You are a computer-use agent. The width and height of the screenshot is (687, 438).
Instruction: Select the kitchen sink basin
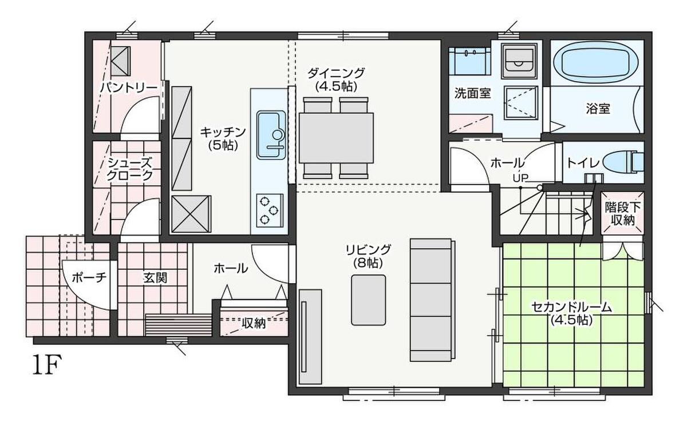pos(271,135)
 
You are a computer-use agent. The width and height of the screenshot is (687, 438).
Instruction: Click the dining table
pos(336,138)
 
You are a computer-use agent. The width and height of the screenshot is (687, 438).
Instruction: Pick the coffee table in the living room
pos(369,300)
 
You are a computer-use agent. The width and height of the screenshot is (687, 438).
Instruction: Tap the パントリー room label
pos(129,88)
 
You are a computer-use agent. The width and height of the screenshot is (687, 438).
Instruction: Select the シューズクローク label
pos(130,169)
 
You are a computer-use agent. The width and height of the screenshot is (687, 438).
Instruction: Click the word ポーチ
pos(89,278)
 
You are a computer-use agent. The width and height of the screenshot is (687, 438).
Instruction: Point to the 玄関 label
pos(155,278)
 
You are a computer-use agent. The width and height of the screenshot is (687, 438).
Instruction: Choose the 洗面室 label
pos(473,93)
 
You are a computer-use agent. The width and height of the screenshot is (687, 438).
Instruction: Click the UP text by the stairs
pos(520,178)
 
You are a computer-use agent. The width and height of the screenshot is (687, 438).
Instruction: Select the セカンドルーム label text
pos(571,307)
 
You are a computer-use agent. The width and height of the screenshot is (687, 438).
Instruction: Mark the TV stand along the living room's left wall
pos(310,337)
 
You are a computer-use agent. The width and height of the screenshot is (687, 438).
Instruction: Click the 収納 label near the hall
pos(254,323)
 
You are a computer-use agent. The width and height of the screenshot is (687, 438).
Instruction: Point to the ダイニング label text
pos(336,73)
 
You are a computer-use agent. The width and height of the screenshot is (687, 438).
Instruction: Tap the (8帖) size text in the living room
pos(368,263)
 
